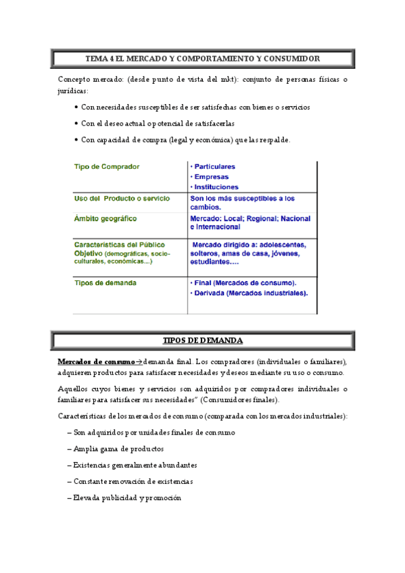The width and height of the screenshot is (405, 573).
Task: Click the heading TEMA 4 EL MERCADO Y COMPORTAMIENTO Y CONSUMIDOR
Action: [x=202, y=59]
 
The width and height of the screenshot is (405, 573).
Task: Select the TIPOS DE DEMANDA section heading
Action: [x=202, y=340]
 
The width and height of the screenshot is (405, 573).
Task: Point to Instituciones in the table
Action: [x=214, y=187]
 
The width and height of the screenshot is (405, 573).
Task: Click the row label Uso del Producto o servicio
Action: [x=122, y=199]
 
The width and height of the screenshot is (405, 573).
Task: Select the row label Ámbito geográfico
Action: [x=105, y=219]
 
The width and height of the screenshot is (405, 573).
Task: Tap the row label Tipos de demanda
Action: [x=105, y=282]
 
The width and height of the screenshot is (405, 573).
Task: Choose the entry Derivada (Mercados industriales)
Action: [x=249, y=293]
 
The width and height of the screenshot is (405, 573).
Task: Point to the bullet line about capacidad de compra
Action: [x=185, y=140]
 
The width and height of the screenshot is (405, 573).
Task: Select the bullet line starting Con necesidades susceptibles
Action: [x=195, y=107]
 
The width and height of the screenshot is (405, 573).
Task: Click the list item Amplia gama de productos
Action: [x=118, y=449]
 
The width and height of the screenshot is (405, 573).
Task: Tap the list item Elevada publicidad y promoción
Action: [x=127, y=497]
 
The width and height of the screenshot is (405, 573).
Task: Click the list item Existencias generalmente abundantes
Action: [x=135, y=465]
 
